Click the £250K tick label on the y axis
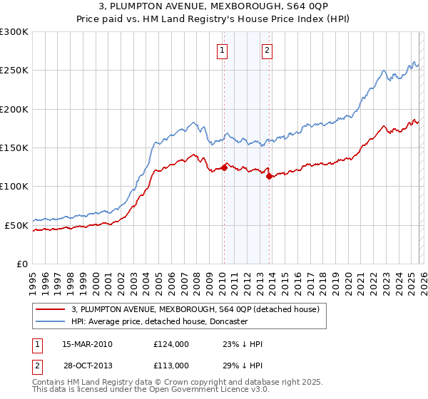click(x=14, y=71)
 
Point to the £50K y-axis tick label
click(x=16, y=225)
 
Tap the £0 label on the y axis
click(x=23, y=264)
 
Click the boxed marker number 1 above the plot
click(x=223, y=50)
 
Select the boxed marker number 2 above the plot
click(x=267, y=50)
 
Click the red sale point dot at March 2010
click(x=224, y=168)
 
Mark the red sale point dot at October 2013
click(x=270, y=177)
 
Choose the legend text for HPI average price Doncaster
click(x=159, y=321)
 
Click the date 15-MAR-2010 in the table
click(x=87, y=344)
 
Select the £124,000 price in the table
click(x=170, y=344)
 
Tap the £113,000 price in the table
click(x=170, y=365)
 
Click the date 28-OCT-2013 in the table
click(x=87, y=365)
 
